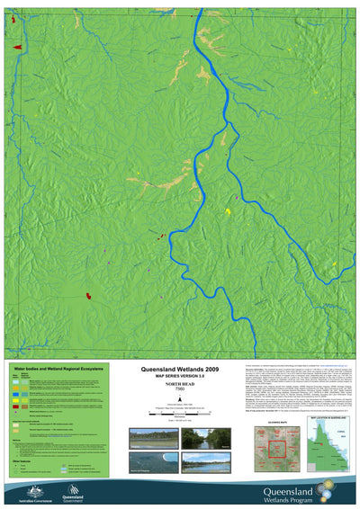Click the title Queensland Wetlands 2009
point(179,369)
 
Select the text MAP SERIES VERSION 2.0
point(179,376)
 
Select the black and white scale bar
point(179,413)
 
